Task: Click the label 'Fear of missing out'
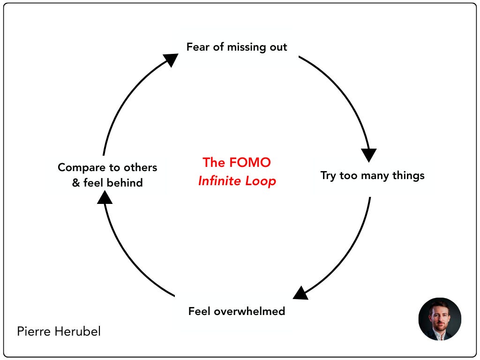point(237,47)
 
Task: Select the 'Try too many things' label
point(372,175)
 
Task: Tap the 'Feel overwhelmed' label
point(237,311)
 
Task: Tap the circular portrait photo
point(440,319)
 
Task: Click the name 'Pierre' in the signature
point(34,332)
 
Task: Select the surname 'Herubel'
point(77,332)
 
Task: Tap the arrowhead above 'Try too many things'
point(369,155)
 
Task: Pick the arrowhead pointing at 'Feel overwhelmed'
point(300,292)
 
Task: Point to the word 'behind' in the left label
point(125,183)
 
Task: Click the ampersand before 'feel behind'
point(76,183)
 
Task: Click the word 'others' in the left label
point(140,167)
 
